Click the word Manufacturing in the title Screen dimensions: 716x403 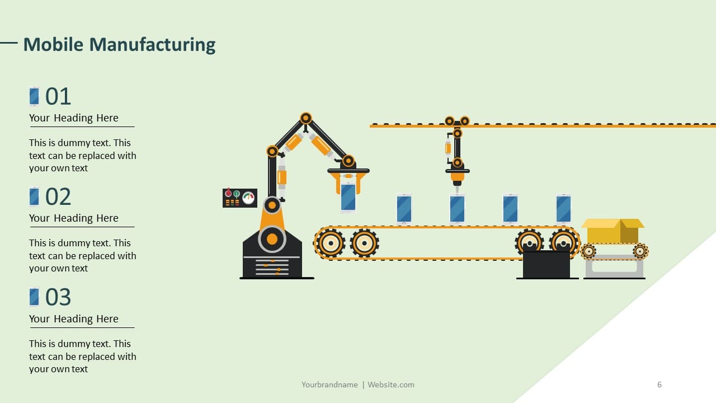[152, 44]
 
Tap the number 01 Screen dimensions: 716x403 [58, 96]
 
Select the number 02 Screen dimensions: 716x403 [58, 196]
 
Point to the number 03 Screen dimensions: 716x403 [58, 297]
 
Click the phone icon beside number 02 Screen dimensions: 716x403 [34, 196]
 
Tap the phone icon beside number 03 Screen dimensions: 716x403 [34, 297]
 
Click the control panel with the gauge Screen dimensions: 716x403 [240, 198]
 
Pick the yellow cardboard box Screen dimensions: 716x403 [613, 231]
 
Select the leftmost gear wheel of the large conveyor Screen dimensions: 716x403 [331, 243]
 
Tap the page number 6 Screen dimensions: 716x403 [660, 385]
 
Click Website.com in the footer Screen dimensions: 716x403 [390, 385]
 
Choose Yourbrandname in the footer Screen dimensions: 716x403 [329, 385]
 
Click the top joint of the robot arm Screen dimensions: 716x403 [306, 118]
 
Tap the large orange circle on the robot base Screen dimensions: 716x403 [272, 239]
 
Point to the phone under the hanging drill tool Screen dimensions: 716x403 [457, 209]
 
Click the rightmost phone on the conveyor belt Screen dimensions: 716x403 [563, 209]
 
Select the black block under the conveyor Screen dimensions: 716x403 [547, 264]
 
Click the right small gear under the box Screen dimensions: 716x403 [640, 251]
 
